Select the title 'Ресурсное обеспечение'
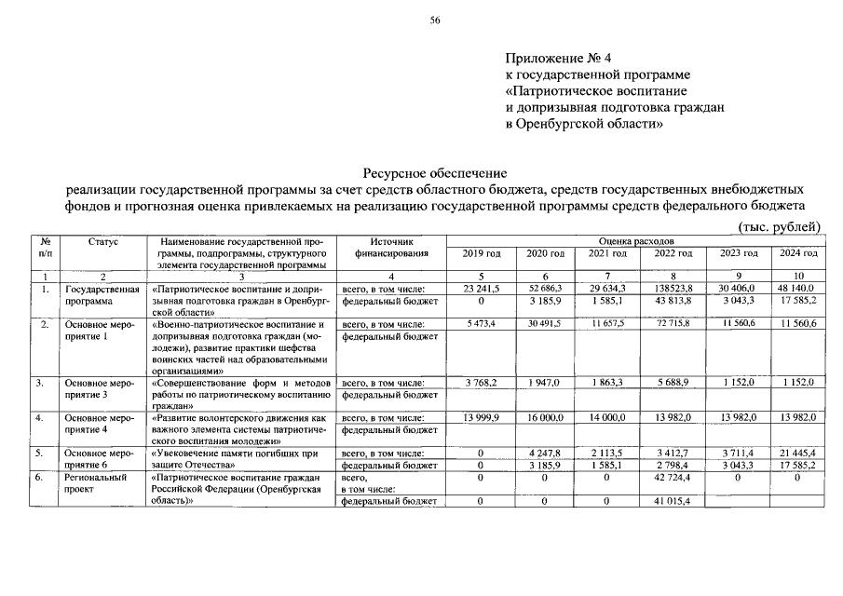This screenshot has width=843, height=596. tap(435, 172)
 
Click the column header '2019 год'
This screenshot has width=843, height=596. tap(481, 253)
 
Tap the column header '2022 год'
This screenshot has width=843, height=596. tap(673, 253)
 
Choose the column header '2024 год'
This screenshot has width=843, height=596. tap(797, 253)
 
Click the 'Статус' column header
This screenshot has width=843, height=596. tap(103, 241)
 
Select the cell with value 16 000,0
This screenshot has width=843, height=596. tap(545, 419)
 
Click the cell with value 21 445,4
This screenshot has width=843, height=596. tap(797, 453)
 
